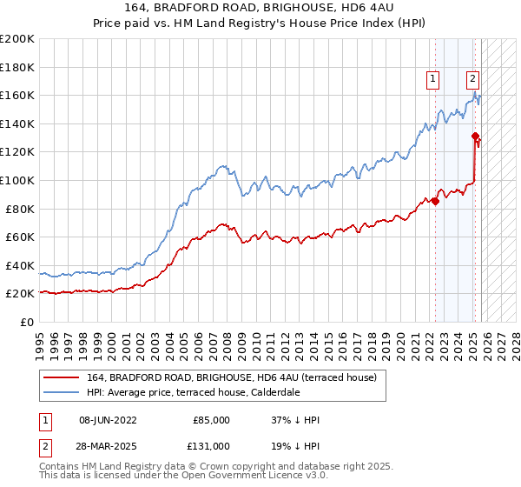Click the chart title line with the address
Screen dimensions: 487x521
(x=260, y=9)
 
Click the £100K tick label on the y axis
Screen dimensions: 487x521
(x=17, y=180)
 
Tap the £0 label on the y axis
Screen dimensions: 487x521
(x=26, y=322)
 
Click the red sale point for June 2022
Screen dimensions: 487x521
(x=435, y=202)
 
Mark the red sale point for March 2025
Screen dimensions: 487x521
(x=475, y=136)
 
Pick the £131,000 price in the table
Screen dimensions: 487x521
(x=211, y=444)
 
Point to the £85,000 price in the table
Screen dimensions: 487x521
(x=211, y=420)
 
